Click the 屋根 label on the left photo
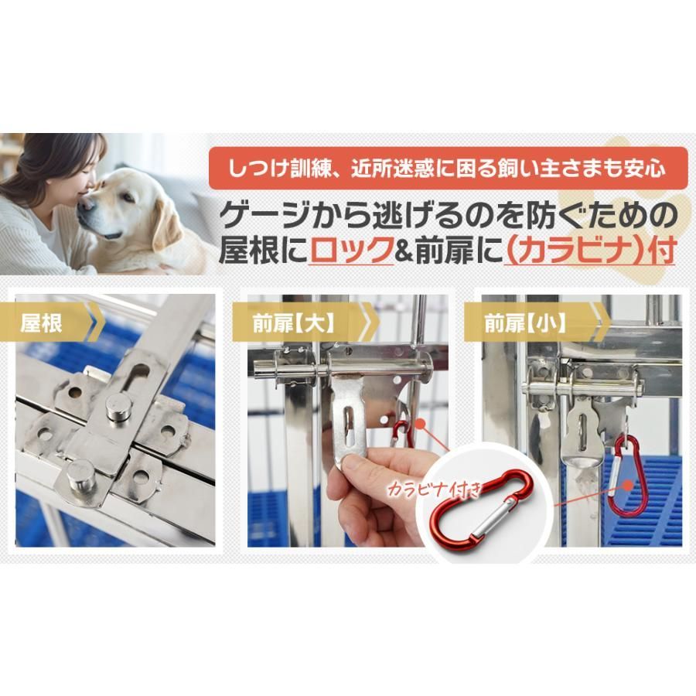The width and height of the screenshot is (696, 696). pyautogui.click(x=43, y=322)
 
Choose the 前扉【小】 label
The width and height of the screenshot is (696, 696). pyautogui.click(x=526, y=322)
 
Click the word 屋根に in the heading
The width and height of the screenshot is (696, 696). pyautogui.click(x=263, y=252)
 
